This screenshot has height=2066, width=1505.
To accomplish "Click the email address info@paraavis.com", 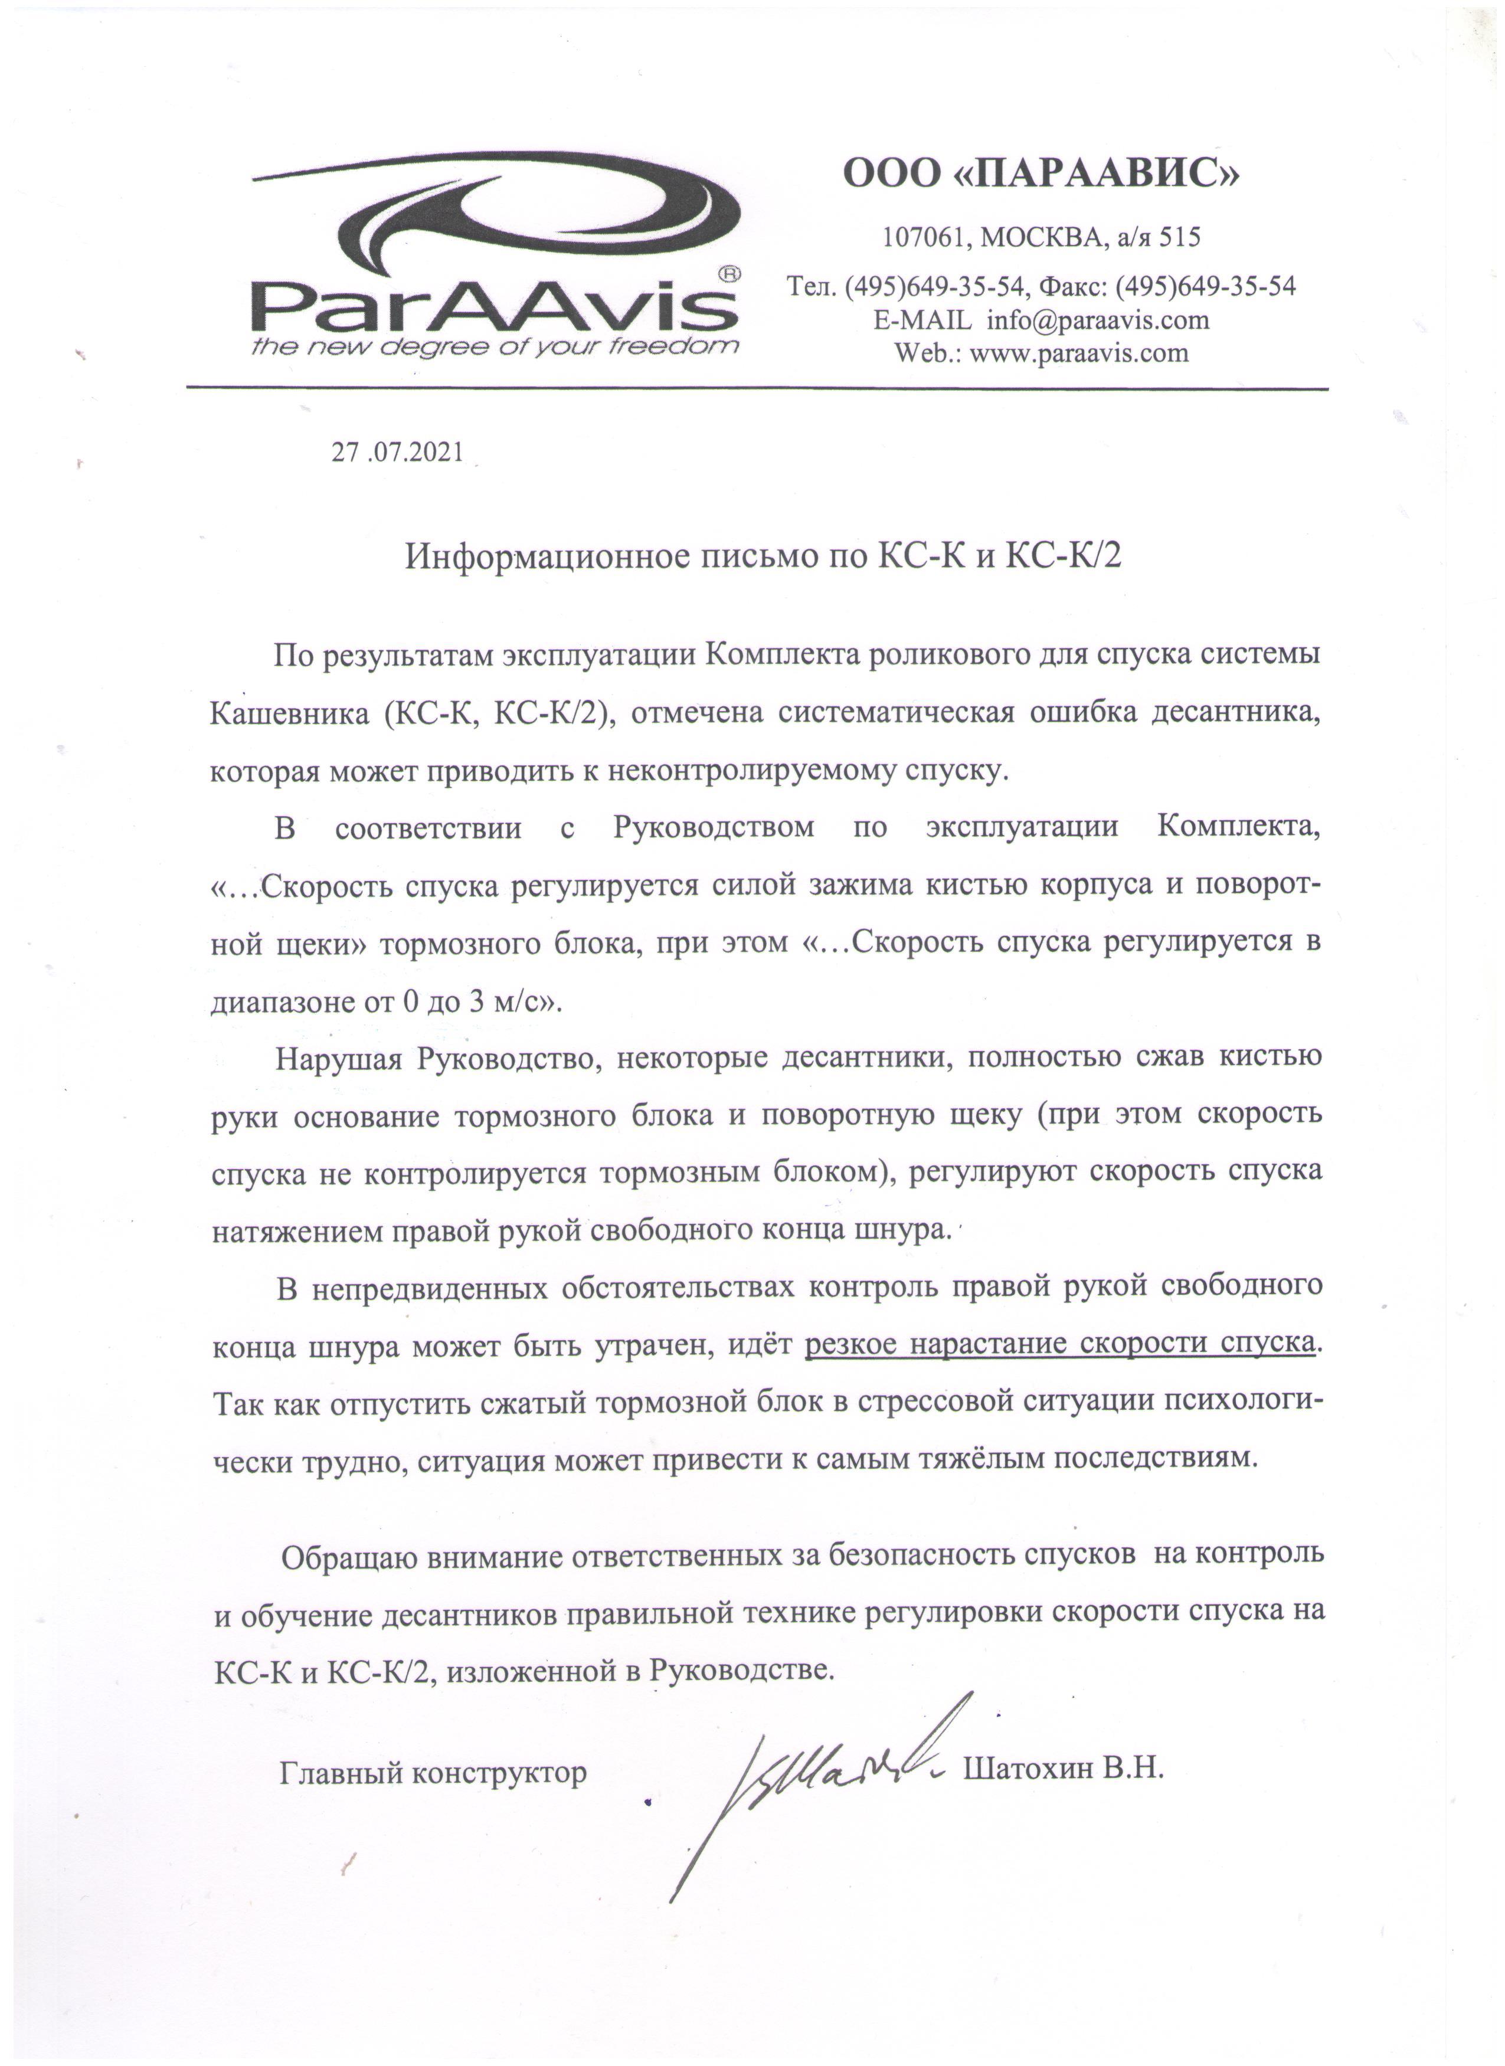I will [1098, 320].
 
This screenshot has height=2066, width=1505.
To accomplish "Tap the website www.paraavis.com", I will [1079, 353].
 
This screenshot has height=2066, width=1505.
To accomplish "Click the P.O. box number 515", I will [1180, 238].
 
